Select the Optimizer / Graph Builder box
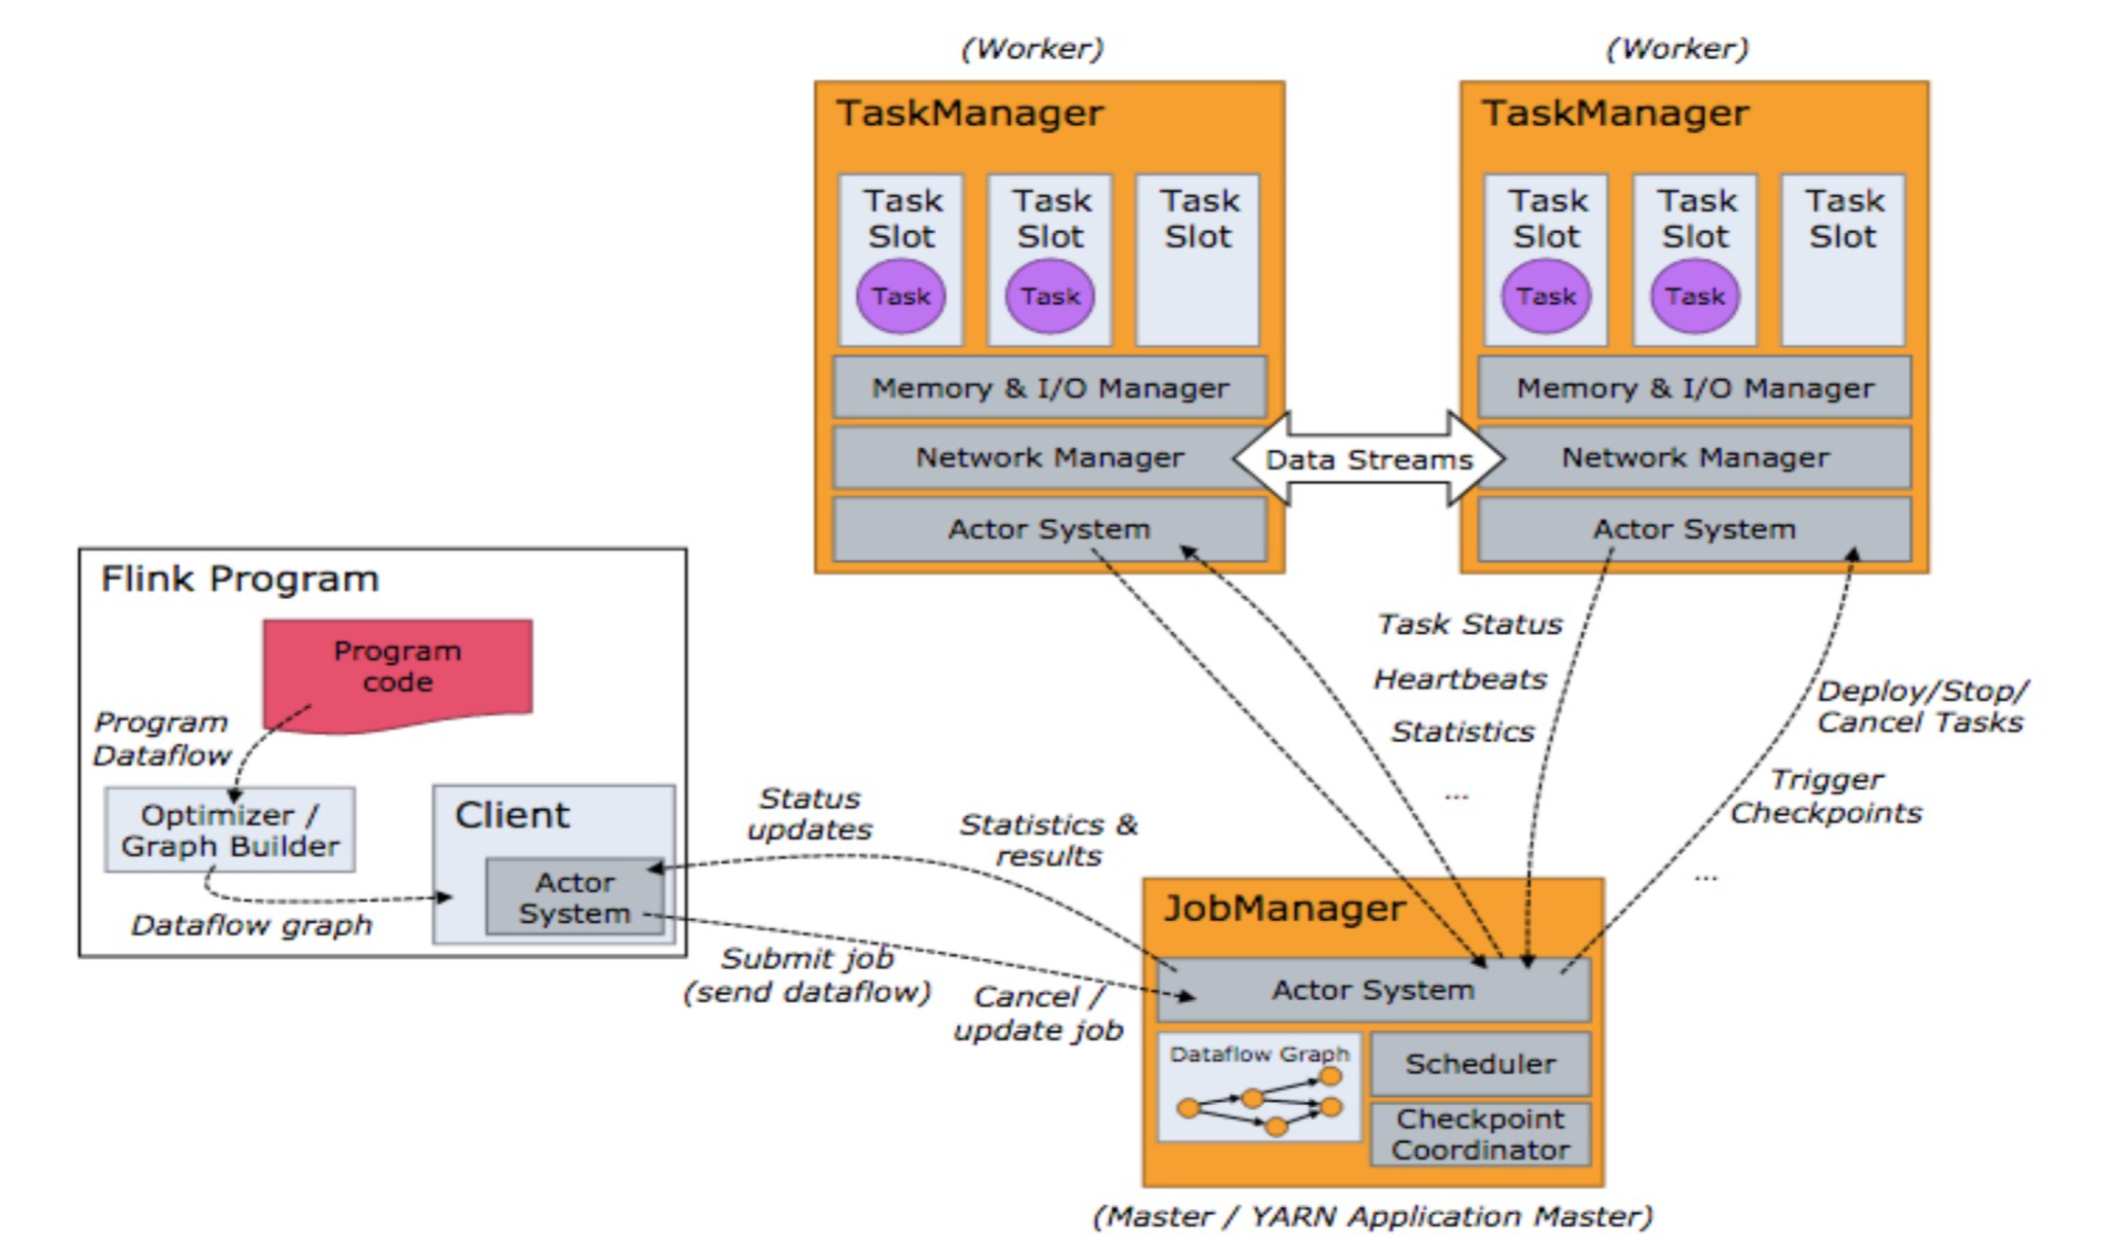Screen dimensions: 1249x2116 (230, 830)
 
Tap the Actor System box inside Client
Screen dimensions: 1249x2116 (575, 897)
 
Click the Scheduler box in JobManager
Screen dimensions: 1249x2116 (1481, 1064)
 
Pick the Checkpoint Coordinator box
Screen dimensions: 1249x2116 (1481, 1134)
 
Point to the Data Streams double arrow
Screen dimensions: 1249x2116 (1369, 460)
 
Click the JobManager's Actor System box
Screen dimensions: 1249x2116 (1374, 990)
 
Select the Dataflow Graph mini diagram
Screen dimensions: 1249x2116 (1259, 1087)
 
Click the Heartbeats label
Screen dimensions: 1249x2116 (1460, 679)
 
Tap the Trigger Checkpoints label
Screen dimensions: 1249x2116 (1826, 796)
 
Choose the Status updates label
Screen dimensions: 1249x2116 (810, 814)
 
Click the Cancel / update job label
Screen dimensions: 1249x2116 (1038, 1013)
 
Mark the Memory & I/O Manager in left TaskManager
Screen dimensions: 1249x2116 (1050, 388)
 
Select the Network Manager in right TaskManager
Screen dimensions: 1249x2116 (1695, 458)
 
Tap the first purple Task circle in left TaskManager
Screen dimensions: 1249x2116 (901, 296)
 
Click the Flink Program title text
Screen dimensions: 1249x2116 (240, 579)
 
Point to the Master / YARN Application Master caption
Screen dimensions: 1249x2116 (1373, 1216)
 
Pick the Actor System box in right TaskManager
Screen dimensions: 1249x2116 (1694, 530)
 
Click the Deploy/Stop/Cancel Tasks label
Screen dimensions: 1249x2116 (1921, 707)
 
